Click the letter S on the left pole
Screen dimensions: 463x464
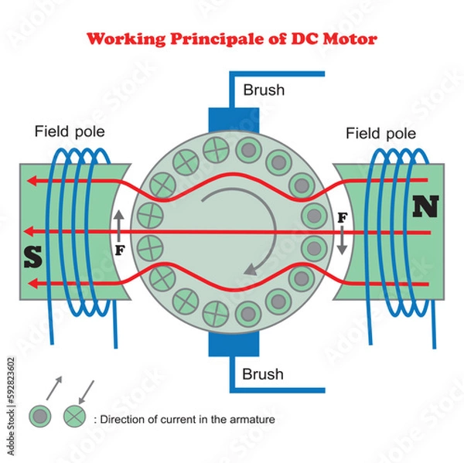[32, 257]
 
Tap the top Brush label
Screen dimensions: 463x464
[264, 90]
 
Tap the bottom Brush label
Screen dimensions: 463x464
[263, 374]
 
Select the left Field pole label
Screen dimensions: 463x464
[70, 131]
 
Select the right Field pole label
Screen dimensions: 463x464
[380, 133]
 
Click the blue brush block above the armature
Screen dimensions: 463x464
[234, 121]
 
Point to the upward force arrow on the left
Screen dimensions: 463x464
[118, 224]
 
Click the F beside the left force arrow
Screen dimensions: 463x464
[119, 250]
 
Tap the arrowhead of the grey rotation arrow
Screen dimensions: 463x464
[247, 270]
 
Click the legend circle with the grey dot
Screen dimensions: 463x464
[39, 416]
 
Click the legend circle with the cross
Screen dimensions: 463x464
[73, 416]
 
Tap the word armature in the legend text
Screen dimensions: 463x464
[252, 420]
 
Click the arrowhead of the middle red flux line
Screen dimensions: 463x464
[29, 231]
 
